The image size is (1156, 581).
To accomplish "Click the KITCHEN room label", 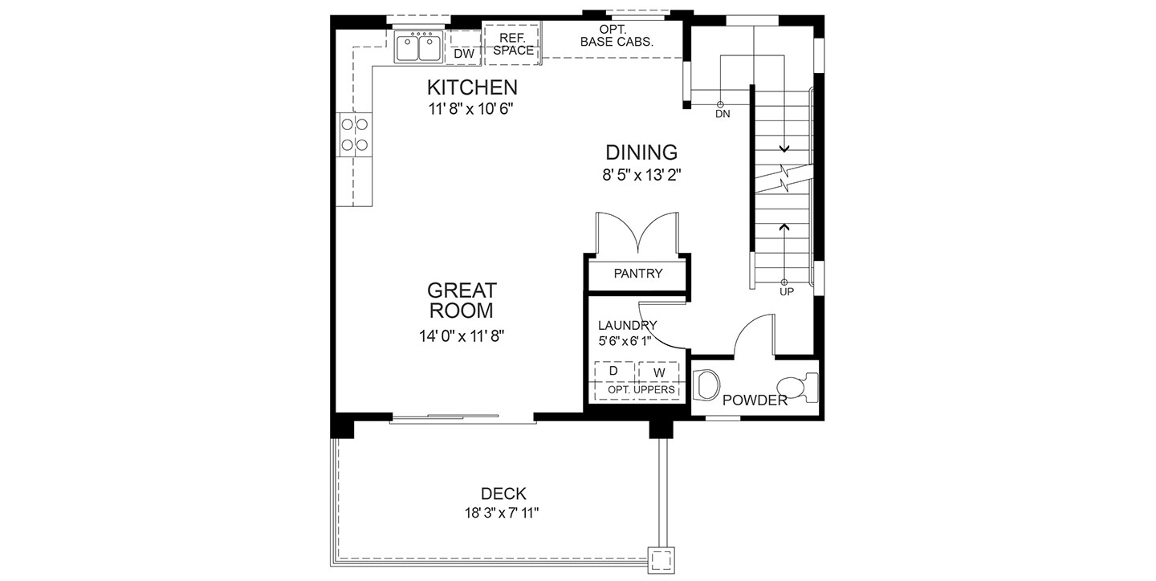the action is [472, 87].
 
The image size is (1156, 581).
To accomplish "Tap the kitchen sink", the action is [418, 47].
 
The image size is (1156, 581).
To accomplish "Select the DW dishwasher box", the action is [463, 48].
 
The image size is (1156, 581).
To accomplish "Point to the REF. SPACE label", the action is [513, 44].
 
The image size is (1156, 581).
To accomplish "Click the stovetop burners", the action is [355, 134].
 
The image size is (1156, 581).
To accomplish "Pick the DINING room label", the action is [641, 152].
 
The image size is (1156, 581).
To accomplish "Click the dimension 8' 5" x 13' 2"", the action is [641, 176].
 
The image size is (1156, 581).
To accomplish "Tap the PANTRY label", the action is [638, 274].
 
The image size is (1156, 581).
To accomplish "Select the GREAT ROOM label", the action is [462, 300].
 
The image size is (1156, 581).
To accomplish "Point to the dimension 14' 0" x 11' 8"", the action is [462, 336].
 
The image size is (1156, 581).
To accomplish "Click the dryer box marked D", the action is [614, 371].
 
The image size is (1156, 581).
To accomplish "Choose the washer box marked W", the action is [659, 372].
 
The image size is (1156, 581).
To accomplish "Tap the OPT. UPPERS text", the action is [641, 389].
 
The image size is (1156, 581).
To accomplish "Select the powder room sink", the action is [706, 384].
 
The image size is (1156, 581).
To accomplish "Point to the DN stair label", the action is [722, 114].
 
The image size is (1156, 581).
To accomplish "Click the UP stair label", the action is [787, 292].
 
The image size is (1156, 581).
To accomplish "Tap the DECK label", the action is [503, 494].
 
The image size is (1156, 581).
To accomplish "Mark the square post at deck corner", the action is [661, 560].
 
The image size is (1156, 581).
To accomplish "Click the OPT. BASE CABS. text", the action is [617, 36].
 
